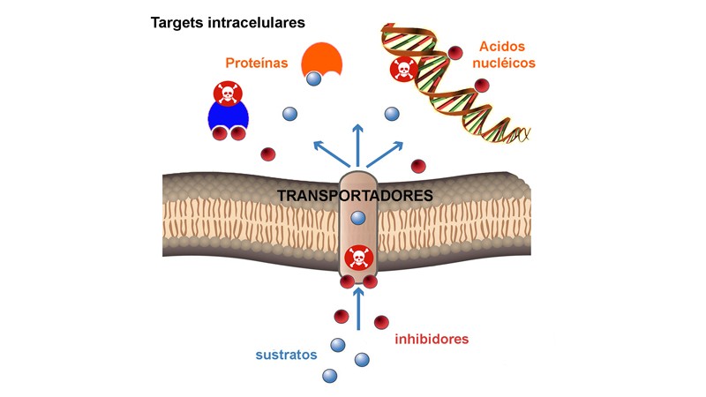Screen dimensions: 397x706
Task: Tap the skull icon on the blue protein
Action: [x=228, y=93]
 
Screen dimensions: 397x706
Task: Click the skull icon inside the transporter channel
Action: [x=358, y=258]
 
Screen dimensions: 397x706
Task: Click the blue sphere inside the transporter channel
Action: [x=358, y=218]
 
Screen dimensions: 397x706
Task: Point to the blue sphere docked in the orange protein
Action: [x=314, y=80]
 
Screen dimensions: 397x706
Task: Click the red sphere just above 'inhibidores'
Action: [x=381, y=322]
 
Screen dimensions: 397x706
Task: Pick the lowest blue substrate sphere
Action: [x=330, y=376]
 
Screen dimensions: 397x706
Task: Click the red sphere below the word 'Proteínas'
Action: [x=267, y=154]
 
